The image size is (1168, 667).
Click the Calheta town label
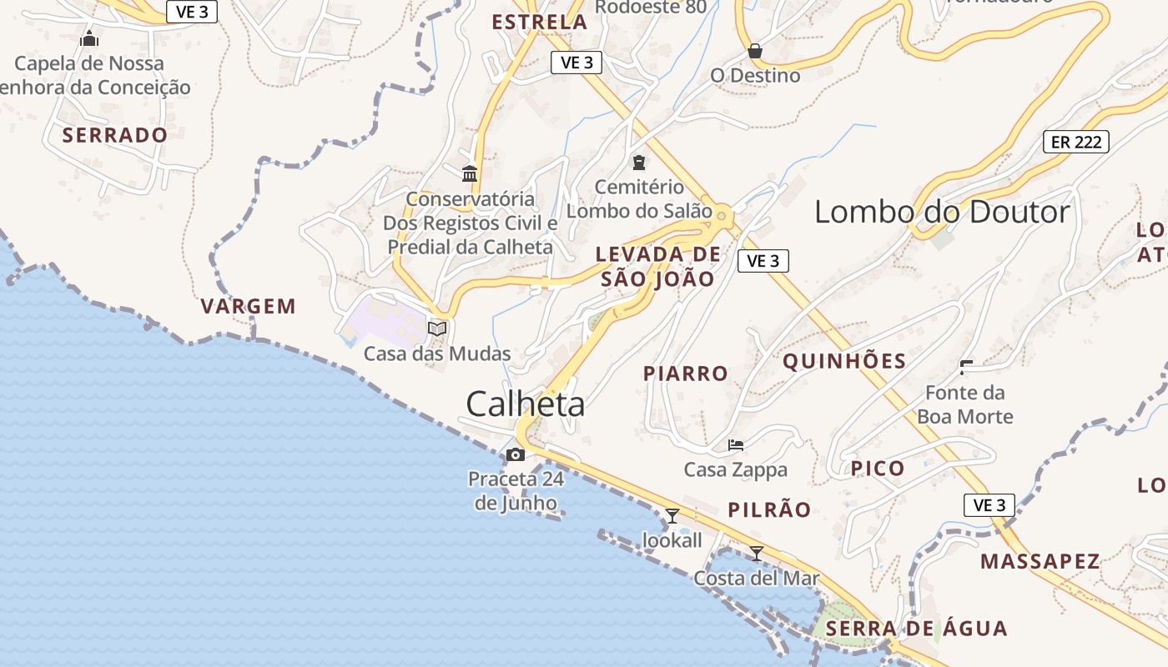525,404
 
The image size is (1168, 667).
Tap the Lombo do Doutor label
941,212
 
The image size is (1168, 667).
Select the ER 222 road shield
1075,142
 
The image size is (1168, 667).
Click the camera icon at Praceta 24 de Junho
516,454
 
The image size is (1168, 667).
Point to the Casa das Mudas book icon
437,328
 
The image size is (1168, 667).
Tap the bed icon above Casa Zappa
735,445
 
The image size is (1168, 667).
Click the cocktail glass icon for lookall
672,515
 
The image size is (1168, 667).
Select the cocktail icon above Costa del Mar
756,553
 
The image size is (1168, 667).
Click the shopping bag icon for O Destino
755,51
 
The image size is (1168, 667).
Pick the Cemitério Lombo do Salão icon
639,162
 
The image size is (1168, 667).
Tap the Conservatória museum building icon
470,173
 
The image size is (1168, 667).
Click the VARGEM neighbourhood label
249,306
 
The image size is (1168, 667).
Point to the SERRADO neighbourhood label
115,135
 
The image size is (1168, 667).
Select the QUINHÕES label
844,361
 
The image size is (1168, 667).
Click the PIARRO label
686,374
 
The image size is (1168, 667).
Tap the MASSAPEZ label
1040,561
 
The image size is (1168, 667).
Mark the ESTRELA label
540,23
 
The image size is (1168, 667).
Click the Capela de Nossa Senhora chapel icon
89,38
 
